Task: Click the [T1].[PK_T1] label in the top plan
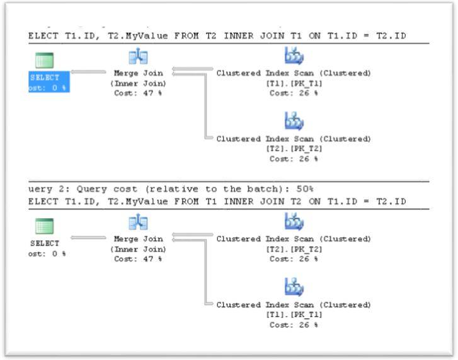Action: (x=294, y=83)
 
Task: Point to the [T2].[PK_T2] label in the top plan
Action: (x=294, y=149)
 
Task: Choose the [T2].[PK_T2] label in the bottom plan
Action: (x=294, y=249)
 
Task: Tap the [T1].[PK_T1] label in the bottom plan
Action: (x=294, y=315)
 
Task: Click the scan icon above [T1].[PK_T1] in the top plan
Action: (x=294, y=58)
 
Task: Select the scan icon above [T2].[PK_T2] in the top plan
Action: (x=294, y=122)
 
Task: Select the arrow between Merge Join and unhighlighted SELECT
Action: (x=88, y=238)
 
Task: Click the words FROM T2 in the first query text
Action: (x=189, y=36)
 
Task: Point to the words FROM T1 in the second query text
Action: (x=189, y=202)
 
